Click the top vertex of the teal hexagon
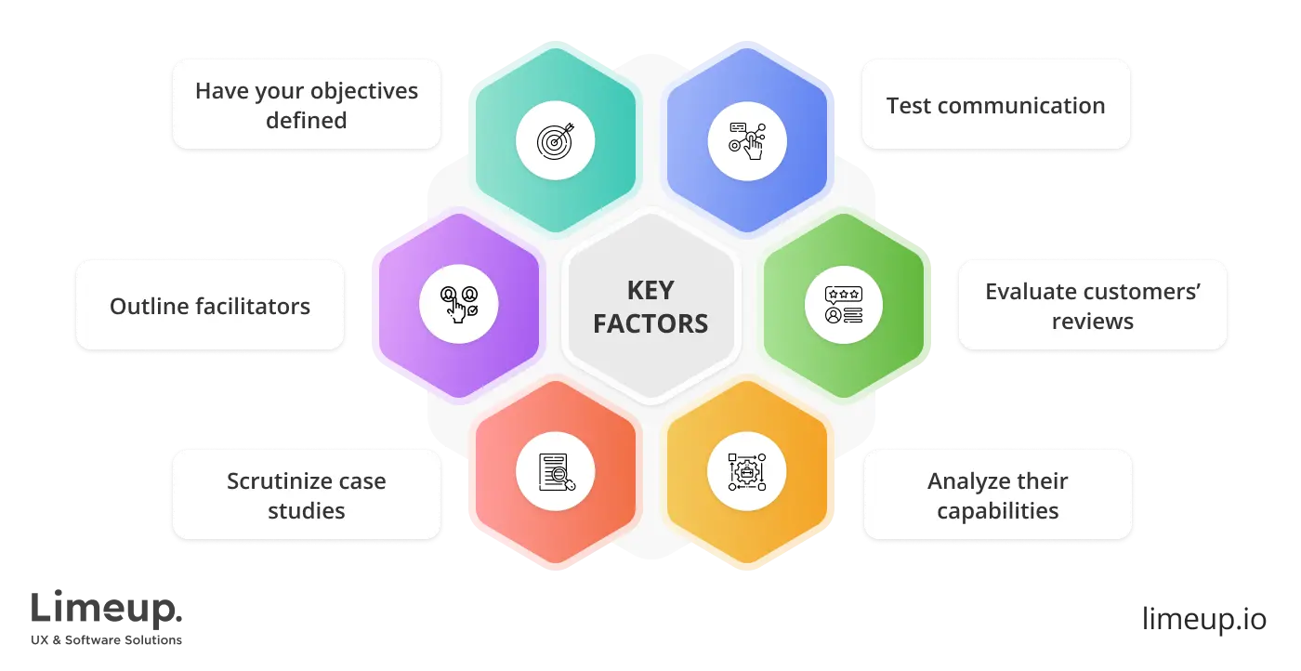tap(556, 49)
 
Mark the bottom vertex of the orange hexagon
tap(747, 562)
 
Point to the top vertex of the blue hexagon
tap(747, 49)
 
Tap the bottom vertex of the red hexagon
tap(556, 562)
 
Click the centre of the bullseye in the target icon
tap(554, 143)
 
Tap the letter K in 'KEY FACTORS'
tap(635, 291)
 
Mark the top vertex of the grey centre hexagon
tap(651, 215)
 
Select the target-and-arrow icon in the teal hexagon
tap(556, 141)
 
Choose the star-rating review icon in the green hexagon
tap(844, 305)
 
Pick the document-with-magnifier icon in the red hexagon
tap(557, 472)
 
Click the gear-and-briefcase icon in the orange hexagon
tap(747, 472)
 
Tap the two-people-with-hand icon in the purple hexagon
tap(459, 305)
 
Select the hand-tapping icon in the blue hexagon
tap(747, 141)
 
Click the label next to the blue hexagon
tap(995, 105)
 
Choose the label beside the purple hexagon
tap(210, 306)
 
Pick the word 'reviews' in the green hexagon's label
tap(1093, 322)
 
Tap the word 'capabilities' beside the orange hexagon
tap(997, 511)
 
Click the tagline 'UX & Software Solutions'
tap(106, 639)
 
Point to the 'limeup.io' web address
tap(1204, 619)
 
